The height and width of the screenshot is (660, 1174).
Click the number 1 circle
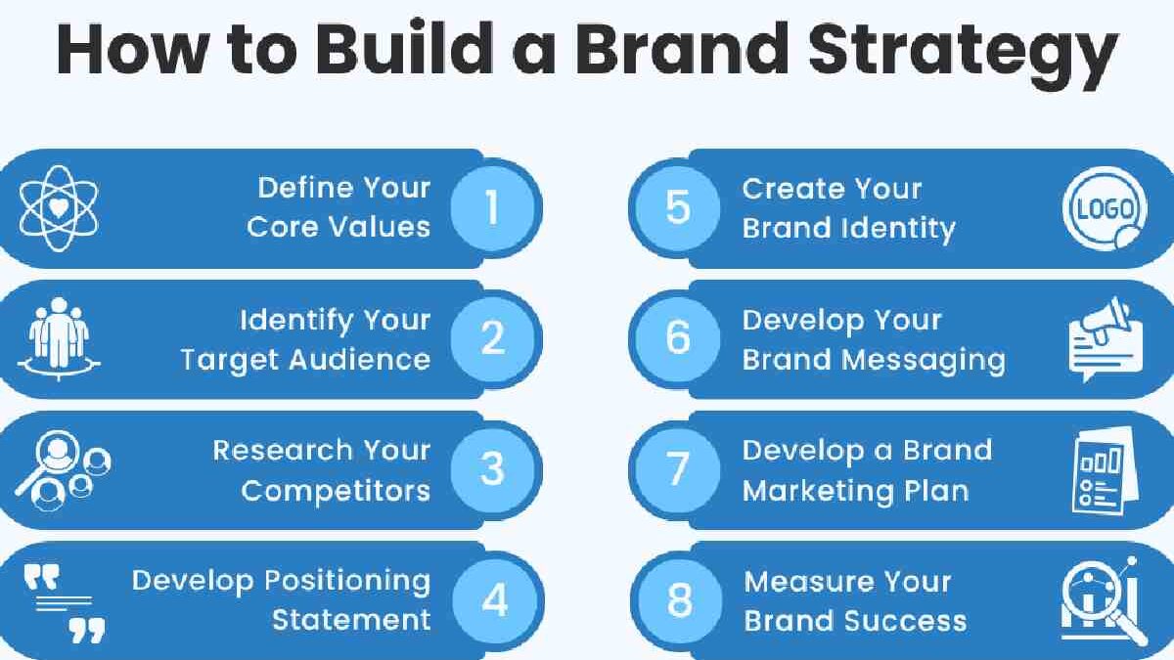tap(492, 208)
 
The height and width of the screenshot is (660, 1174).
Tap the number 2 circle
tap(492, 338)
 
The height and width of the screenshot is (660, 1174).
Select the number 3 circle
tap(492, 469)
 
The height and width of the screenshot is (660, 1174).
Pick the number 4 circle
tap(495, 600)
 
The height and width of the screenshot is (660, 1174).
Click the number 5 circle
tap(678, 208)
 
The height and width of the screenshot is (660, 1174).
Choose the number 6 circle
tap(678, 338)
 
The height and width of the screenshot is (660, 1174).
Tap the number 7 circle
tap(678, 469)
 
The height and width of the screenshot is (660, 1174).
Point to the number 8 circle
tap(679, 600)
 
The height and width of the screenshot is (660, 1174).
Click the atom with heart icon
tap(59, 207)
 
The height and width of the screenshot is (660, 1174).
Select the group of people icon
tap(59, 338)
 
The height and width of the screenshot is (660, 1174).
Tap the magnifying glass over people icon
tap(61, 469)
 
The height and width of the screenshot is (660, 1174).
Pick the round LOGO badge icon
tap(1105, 210)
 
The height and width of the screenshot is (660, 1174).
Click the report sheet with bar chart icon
tap(1104, 470)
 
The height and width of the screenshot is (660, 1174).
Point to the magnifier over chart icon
tap(1105, 600)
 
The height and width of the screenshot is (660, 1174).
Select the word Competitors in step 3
tap(336, 490)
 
